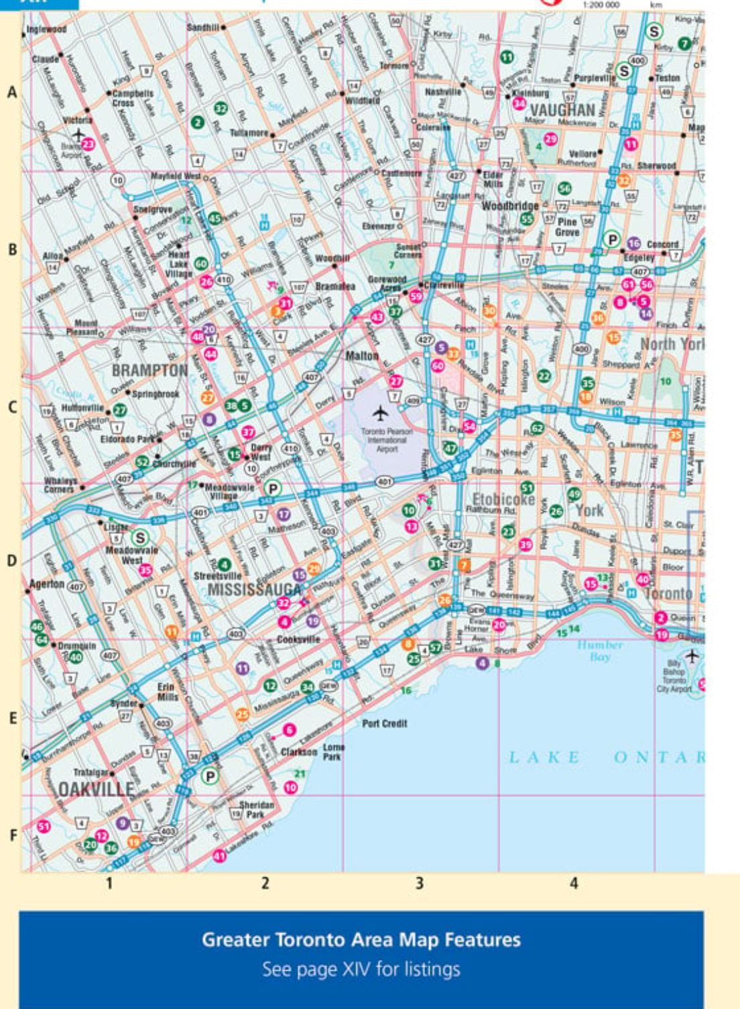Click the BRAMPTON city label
click(x=149, y=370)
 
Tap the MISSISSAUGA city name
click(x=254, y=590)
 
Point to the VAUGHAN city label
click(x=562, y=110)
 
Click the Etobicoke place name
click(x=503, y=499)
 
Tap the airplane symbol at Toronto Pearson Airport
click(x=381, y=411)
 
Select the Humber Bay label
click(x=600, y=651)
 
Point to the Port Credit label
click(x=384, y=724)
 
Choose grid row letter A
click(x=11, y=93)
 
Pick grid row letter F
click(x=11, y=835)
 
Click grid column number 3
click(x=420, y=884)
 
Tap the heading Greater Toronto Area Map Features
click(x=361, y=939)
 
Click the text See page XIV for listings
click(x=361, y=969)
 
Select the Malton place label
click(x=362, y=356)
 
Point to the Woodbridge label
click(x=510, y=205)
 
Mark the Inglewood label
click(x=46, y=30)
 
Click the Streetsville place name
click(x=217, y=576)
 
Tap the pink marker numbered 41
click(x=219, y=855)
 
